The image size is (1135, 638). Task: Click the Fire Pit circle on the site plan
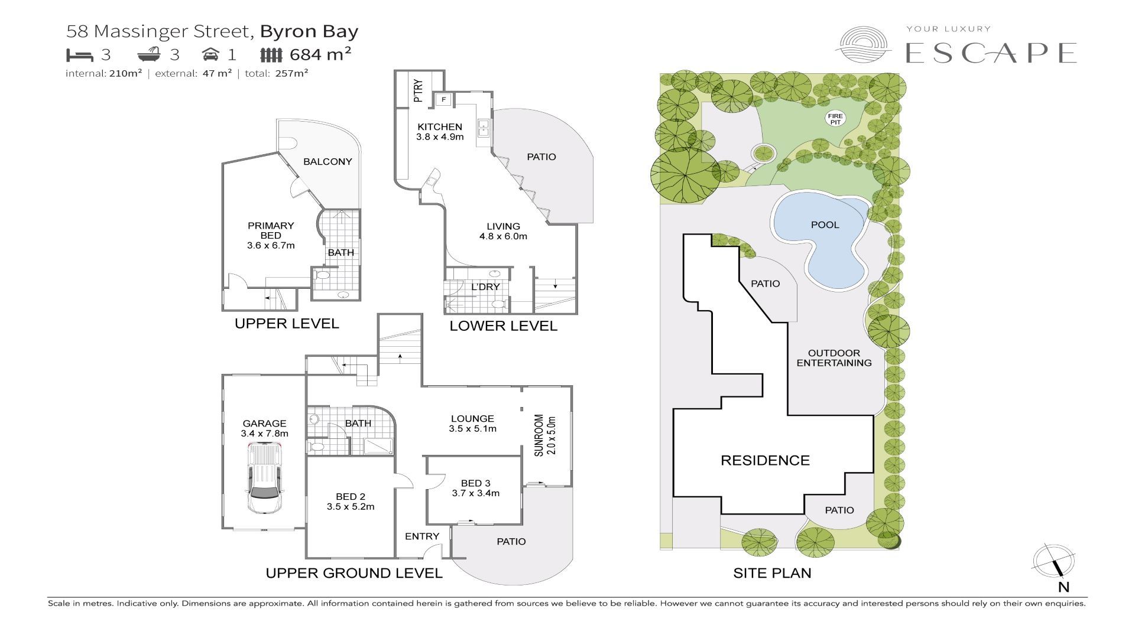835,119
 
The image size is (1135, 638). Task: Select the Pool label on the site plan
825,224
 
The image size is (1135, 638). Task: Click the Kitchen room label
440,131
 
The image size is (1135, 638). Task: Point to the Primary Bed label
271,235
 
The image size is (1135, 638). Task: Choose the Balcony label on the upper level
327,161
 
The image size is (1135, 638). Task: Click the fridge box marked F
443,100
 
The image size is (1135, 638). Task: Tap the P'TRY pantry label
419,91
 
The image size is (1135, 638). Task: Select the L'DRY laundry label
485,287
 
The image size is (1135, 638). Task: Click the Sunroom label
544,435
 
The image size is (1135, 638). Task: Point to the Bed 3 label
475,488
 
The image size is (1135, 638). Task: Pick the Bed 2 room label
350,502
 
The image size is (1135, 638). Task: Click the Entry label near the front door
422,536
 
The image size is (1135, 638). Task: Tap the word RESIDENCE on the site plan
765,460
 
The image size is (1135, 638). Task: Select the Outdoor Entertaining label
834,358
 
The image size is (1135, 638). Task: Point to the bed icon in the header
80,55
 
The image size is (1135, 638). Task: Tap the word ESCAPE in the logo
991,53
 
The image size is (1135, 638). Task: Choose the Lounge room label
472,424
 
